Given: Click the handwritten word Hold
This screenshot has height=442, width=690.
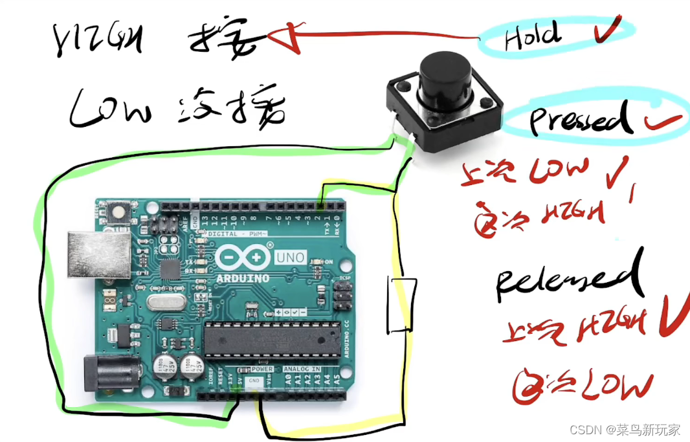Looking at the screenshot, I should coord(532,36).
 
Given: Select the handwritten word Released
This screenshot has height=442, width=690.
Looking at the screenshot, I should coord(569,279).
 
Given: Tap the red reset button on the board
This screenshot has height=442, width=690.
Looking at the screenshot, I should coord(119,210).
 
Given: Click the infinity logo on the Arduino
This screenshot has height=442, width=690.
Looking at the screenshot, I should coord(243,258).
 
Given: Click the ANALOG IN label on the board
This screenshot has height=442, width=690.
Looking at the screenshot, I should coord(304,369).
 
